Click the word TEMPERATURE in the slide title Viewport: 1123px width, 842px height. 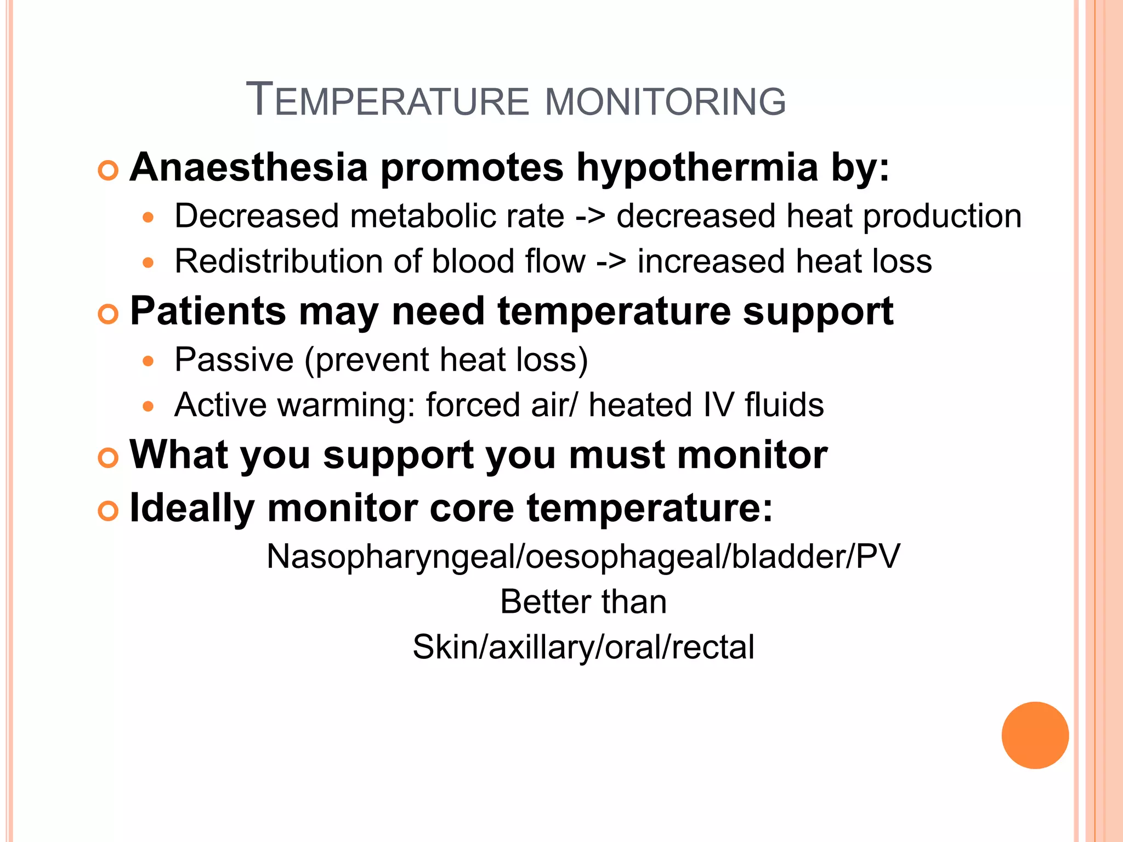pyautogui.click(x=387, y=101)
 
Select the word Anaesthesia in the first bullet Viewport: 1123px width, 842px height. pyautogui.click(x=248, y=167)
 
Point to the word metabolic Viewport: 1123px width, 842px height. pyautogui.click(x=457, y=216)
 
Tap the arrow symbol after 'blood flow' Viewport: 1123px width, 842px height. pyautogui.click(x=611, y=262)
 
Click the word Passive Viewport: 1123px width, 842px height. pyautogui.click(x=234, y=360)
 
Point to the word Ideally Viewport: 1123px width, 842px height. pyautogui.click(x=192, y=508)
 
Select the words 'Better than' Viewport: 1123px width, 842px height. pyautogui.click(x=583, y=602)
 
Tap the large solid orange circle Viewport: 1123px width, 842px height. pyautogui.click(x=1035, y=735)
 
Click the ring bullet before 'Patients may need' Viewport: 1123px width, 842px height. pyautogui.click(x=108, y=315)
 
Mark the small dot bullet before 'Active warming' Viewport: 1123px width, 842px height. pyautogui.click(x=148, y=406)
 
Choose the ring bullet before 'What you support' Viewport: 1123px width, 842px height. pyautogui.click(x=108, y=458)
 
